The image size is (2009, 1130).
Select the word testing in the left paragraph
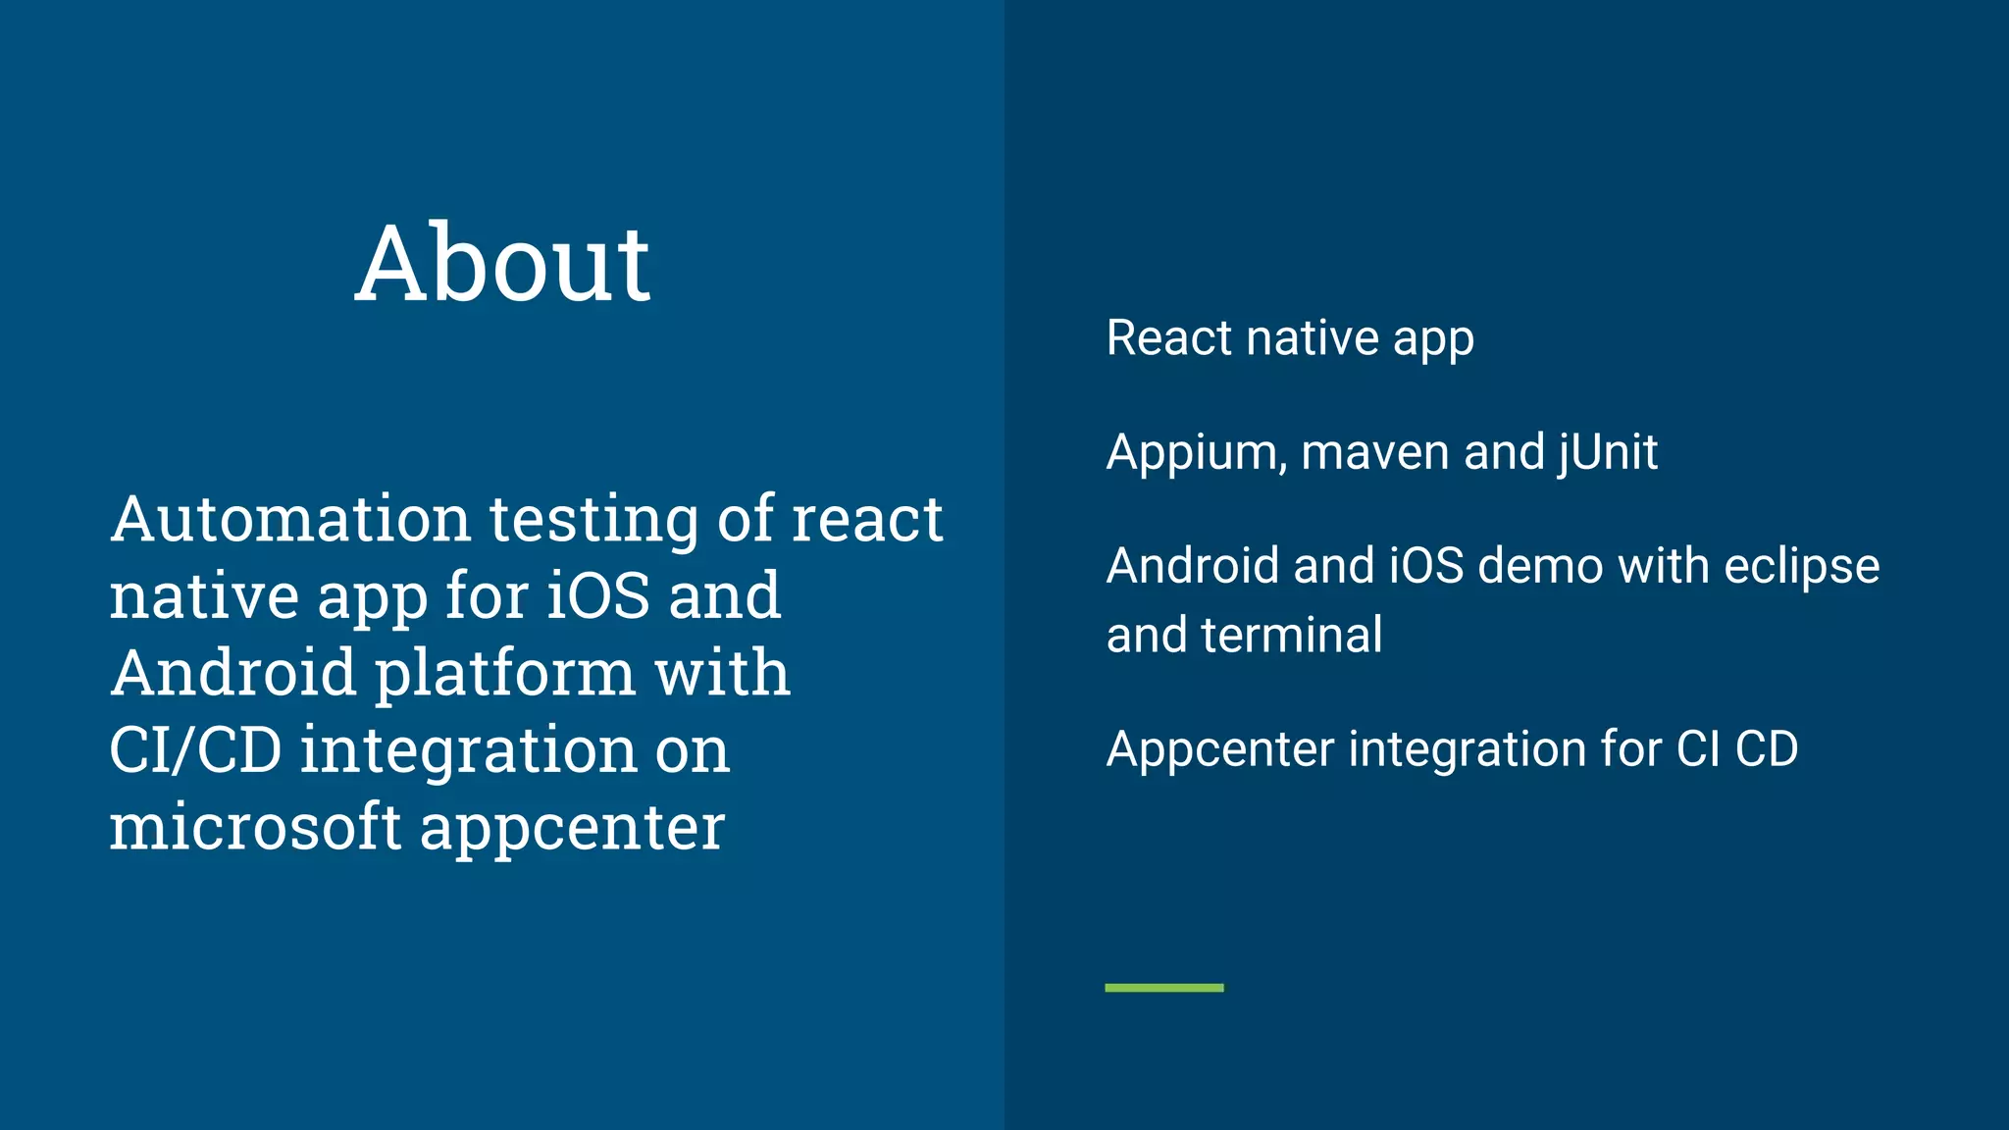[x=593, y=521]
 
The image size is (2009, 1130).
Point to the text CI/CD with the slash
[x=195, y=750]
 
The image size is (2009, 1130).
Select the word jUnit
[x=1608, y=453]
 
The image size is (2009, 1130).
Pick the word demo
[x=1540, y=567]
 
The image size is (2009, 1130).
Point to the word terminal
[x=1292, y=636]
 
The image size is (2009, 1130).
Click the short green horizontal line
[x=1164, y=988]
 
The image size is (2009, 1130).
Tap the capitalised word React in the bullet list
[x=1168, y=338]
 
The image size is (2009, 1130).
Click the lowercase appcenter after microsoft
[x=573, y=829]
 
